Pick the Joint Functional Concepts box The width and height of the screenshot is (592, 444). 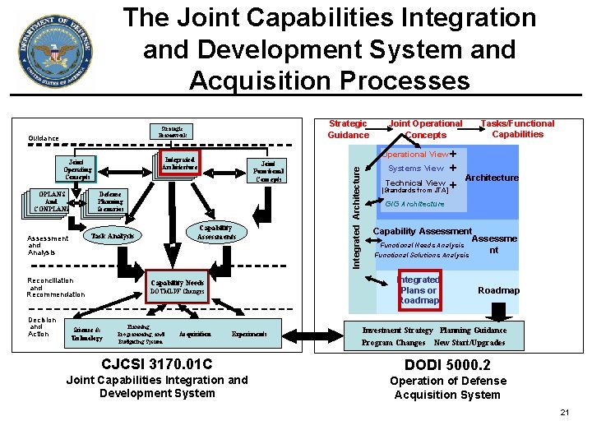268,171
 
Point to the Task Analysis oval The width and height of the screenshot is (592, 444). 113,236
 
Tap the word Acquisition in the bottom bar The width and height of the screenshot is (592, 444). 195,335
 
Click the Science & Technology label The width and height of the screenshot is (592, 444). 86,335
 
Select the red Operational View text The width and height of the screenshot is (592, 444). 416,154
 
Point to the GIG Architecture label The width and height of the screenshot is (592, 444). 414,204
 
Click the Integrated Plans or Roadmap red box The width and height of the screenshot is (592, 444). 419,290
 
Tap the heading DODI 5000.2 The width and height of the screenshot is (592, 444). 447,364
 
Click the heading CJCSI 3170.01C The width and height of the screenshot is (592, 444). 156,363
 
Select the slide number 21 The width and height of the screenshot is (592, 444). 564,412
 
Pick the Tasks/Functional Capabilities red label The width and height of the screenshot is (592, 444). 517,128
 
